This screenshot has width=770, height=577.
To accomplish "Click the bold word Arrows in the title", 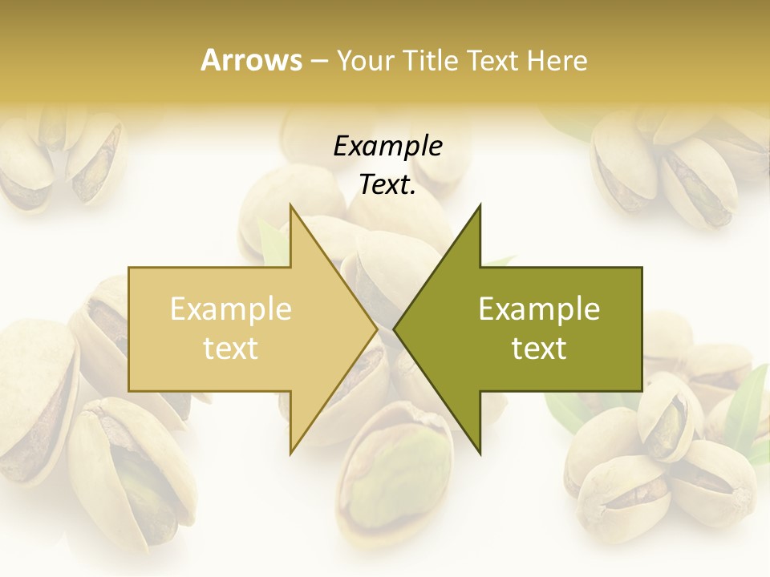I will (251, 60).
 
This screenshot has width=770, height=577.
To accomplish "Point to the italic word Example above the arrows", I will (387, 146).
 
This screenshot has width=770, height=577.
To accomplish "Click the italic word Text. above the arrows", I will (387, 184).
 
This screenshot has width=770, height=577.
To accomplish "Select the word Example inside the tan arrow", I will (231, 309).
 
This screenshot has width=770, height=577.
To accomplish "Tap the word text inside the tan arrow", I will (231, 348).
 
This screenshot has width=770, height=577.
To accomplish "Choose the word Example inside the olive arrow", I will (539, 309).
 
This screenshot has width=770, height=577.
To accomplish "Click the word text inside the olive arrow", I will (539, 348).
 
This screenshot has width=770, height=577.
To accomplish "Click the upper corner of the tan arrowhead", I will (290, 205).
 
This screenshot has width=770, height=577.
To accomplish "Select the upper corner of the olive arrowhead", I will (480, 205).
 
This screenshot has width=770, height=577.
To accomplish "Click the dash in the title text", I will (318, 61).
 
